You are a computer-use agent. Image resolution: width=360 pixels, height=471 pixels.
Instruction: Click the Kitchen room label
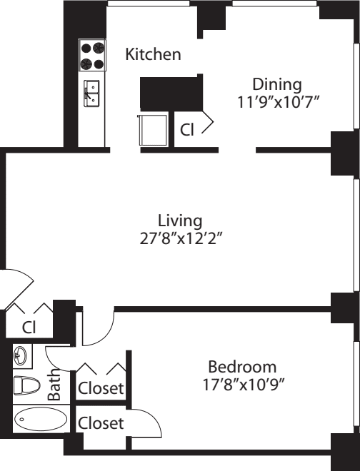tap(153, 54)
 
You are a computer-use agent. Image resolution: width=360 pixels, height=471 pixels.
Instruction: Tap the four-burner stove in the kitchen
tap(92, 56)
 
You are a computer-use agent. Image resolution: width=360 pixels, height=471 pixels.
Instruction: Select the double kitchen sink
tap(93, 93)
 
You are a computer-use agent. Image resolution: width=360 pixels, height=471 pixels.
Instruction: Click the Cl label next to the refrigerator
tap(187, 130)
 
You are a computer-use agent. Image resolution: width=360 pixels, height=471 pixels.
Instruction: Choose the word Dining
tap(277, 84)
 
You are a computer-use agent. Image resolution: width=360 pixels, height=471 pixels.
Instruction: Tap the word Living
tap(180, 221)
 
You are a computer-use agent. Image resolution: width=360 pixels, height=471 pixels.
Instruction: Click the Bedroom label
tap(241, 367)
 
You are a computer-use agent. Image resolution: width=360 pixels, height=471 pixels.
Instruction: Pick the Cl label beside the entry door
tap(29, 328)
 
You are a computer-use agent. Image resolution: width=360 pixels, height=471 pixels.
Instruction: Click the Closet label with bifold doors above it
tap(101, 389)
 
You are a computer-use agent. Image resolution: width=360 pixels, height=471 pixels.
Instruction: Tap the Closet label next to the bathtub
tap(101, 423)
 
